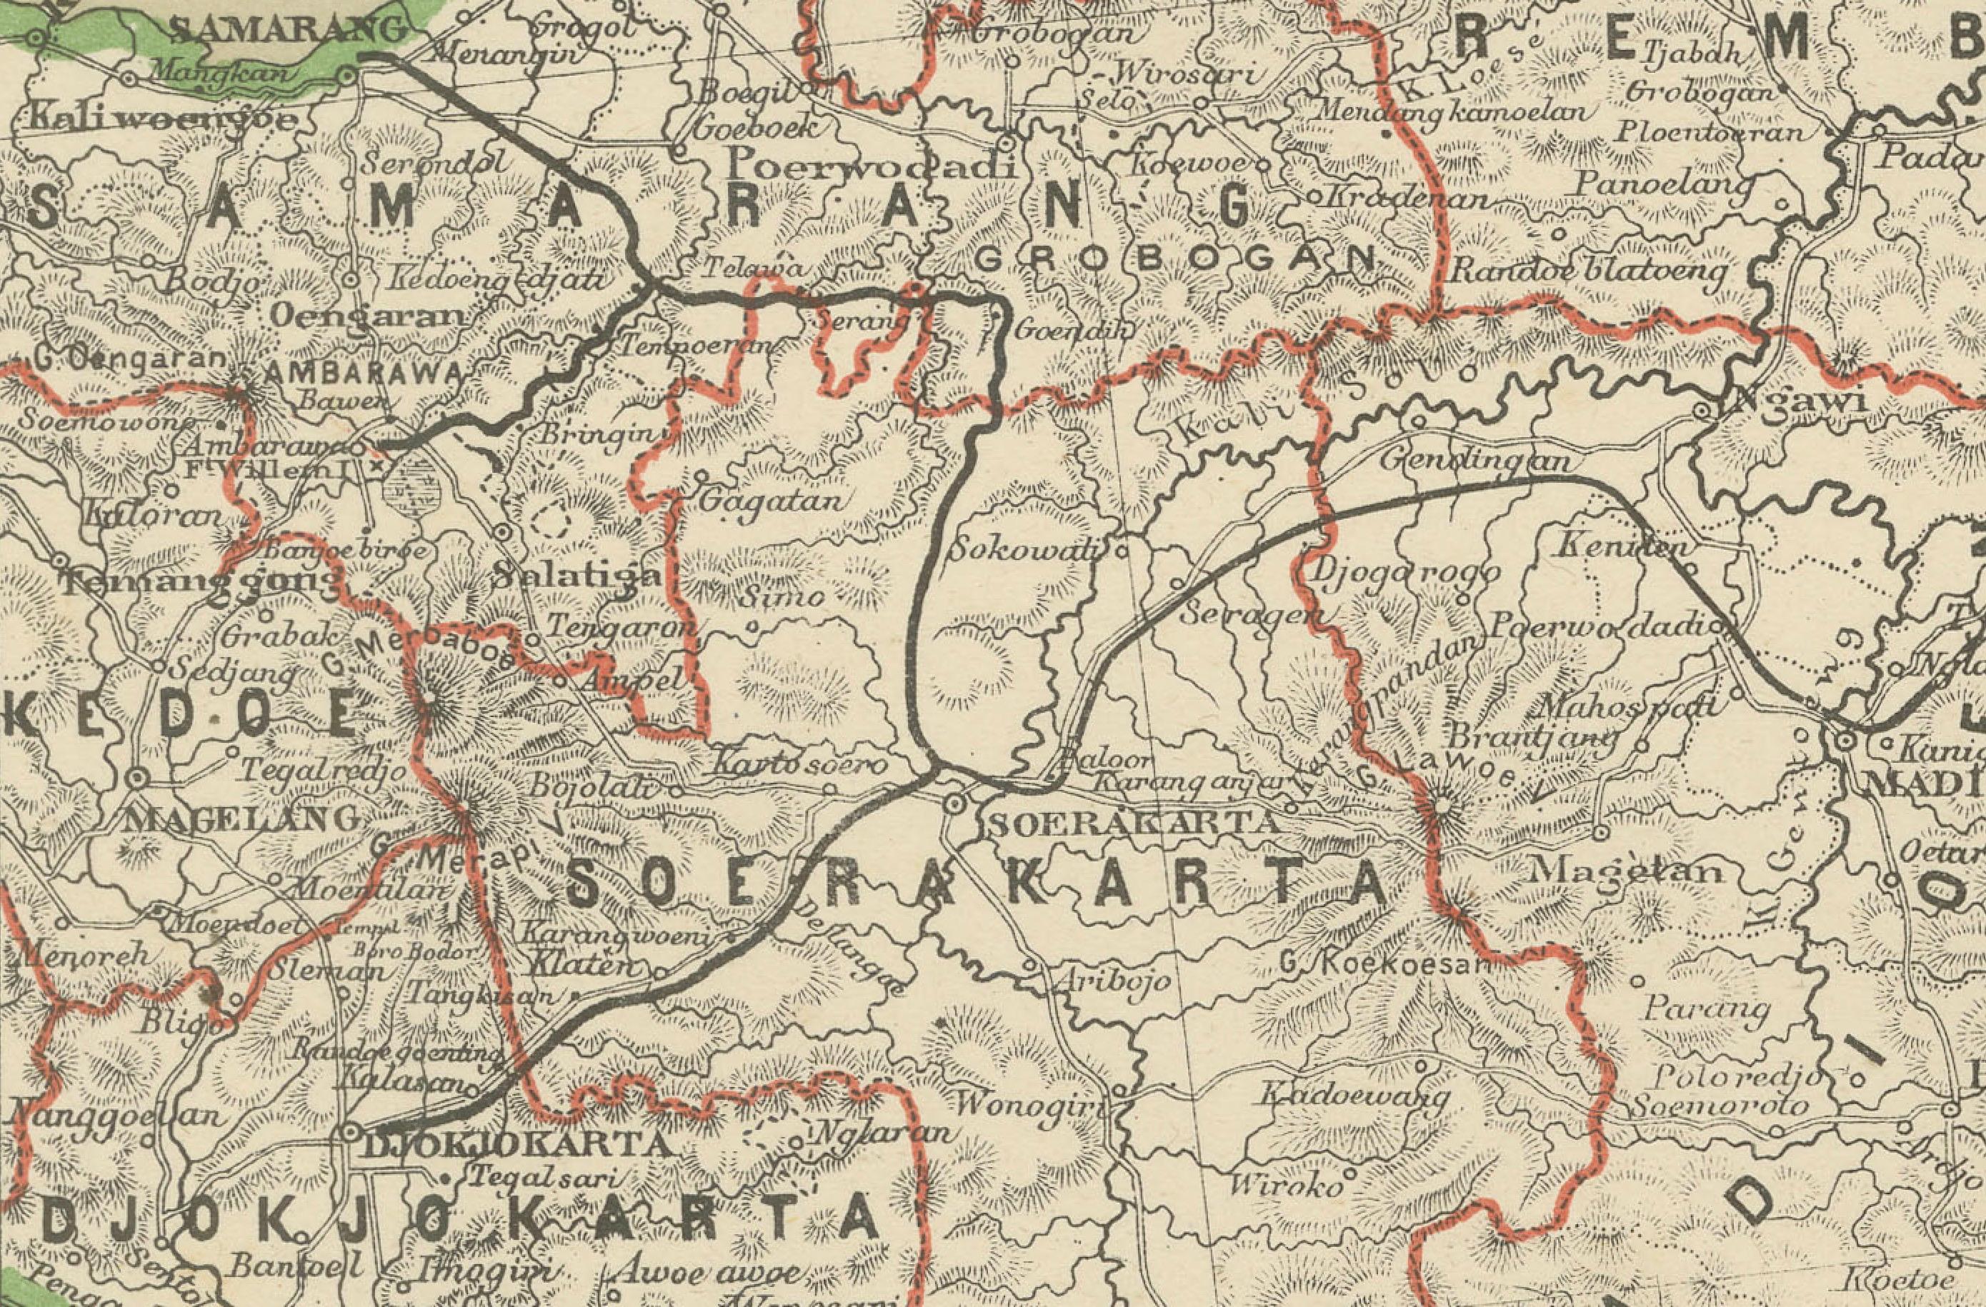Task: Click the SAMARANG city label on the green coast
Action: click(x=288, y=31)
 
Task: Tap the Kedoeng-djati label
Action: click(x=497, y=278)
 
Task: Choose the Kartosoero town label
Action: click(x=799, y=765)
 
